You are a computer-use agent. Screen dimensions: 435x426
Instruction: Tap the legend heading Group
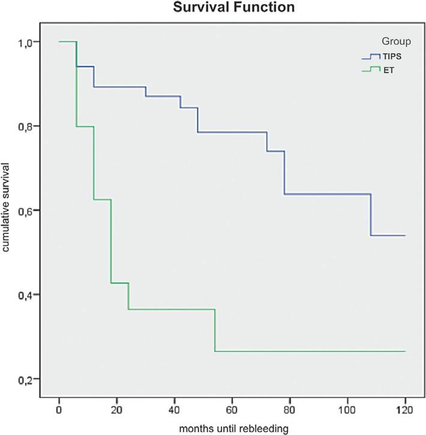pyautogui.click(x=395, y=41)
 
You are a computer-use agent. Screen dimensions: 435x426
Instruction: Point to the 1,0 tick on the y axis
pyautogui.click(x=30, y=42)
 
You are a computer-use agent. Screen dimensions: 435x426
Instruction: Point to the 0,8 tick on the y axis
pyautogui.click(x=30, y=126)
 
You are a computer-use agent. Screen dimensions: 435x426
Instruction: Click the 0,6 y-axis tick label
pyautogui.click(x=30, y=211)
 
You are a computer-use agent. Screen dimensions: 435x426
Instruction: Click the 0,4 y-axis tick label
pyautogui.click(x=30, y=295)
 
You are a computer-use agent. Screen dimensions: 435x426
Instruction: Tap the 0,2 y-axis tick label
pyautogui.click(x=30, y=379)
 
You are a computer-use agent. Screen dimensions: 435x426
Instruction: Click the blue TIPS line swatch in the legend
pyautogui.click(x=371, y=57)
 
